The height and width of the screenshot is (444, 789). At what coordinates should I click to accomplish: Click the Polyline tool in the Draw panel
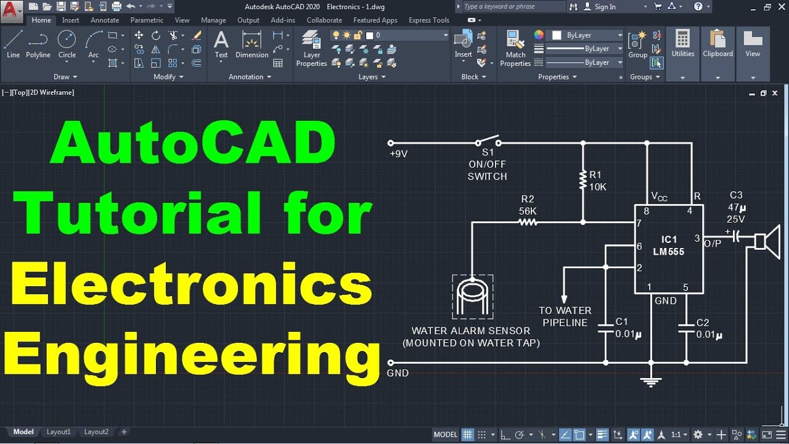pyautogui.click(x=38, y=44)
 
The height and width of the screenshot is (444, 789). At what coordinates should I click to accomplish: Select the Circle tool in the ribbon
pyautogui.click(x=67, y=44)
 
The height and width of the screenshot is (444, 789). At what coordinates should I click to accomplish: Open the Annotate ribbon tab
pyautogui.click(x=105, y=20)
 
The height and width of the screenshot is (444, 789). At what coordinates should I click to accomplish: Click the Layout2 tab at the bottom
pyautogui.click(x=96, y=432)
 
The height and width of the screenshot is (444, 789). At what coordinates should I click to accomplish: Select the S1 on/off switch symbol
pyautogui.click(x=487, y=140)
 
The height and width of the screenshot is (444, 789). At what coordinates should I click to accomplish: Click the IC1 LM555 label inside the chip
pyautogui.click(x=669, y=245)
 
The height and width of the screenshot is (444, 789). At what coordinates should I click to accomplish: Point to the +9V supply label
pyautogui.click(x=398, y=154)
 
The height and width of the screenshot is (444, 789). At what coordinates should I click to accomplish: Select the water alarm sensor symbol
pyautogui.click(x=472, y=297)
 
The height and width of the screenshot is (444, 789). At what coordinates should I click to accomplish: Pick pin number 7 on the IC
pyautogui.click(x=639, y=223)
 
